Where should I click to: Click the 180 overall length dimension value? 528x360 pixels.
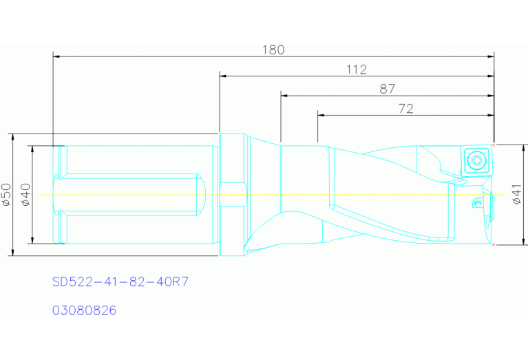(273, 50)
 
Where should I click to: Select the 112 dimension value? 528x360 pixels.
(357, 70)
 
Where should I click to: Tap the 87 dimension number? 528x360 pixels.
(388, 89)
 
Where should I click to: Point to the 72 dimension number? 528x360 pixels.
(405, 109)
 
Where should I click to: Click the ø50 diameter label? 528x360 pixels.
(7, 194)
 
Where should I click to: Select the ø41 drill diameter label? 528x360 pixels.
(517, 194)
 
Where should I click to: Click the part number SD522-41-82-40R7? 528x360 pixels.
(120, 282)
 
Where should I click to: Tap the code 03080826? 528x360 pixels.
(84, 310)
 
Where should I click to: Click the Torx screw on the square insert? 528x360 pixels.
(476, 159)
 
